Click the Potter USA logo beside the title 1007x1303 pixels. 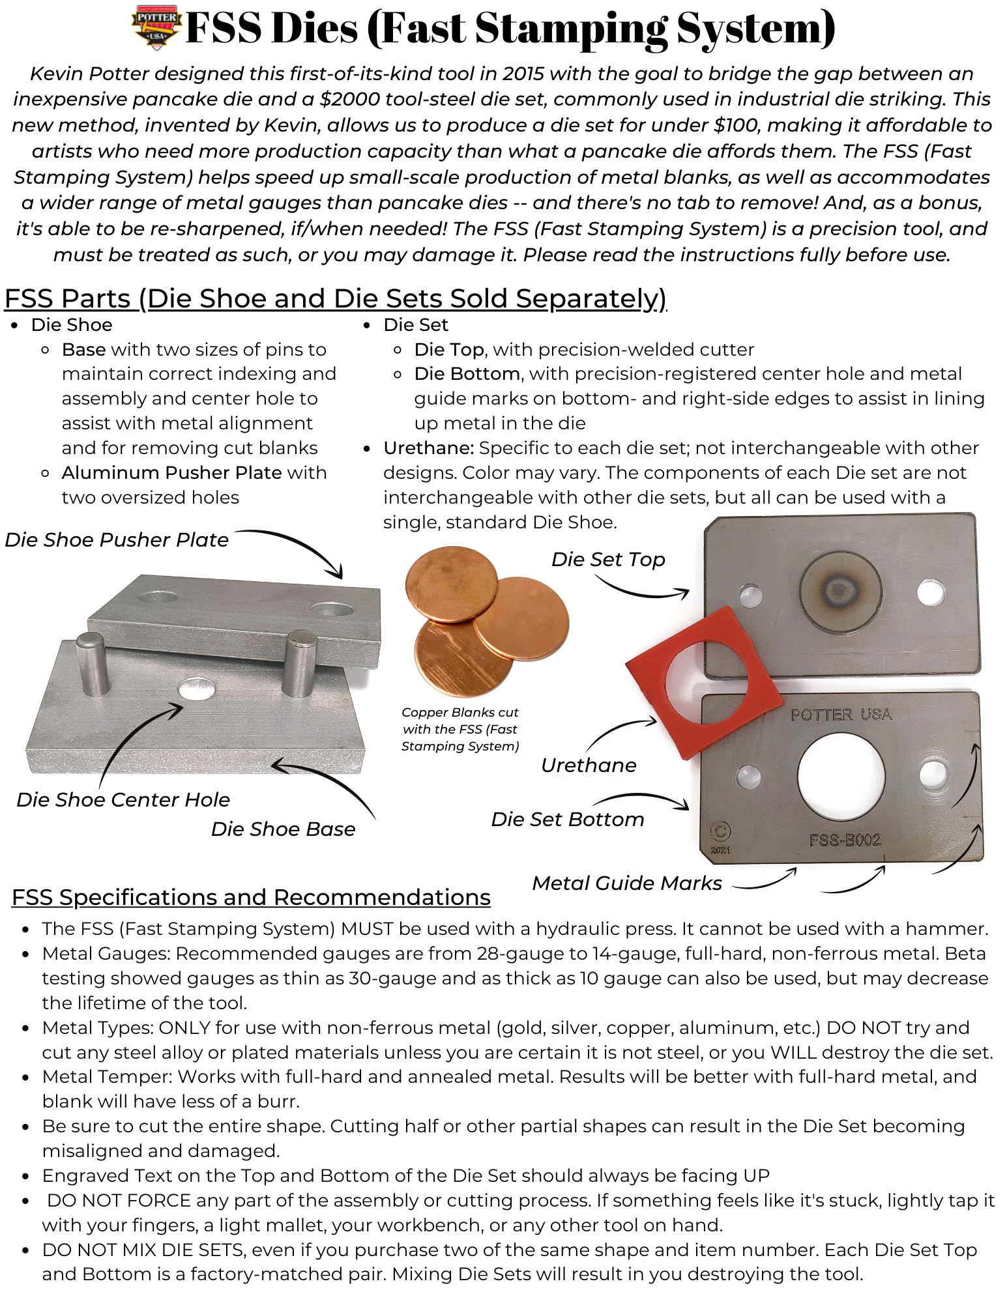point(156,27)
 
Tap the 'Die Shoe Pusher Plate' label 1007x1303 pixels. point(117,540)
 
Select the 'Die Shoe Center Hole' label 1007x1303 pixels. point(123,800)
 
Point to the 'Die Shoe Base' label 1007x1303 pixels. point(283,829)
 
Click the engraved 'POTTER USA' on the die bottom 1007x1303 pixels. point(841,715)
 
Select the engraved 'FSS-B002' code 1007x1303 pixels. point(845,840)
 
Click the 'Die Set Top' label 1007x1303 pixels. point(607,560)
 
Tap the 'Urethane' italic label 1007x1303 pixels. point(588,766)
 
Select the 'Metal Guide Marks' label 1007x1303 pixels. point(627,883)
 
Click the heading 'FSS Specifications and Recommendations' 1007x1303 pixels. point(251,898)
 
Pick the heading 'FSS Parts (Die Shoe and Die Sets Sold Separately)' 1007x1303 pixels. point(335,299)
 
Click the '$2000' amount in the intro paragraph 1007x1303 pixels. point(345,100)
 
